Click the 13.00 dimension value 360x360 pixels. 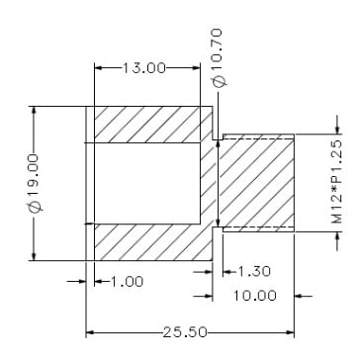coord(143,68)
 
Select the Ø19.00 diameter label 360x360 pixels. coord(34,182)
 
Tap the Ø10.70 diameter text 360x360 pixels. coord(218,58)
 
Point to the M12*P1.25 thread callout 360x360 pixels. coord(336,182)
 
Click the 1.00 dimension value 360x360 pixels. coord(127,282)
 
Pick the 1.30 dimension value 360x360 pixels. coord(254,272)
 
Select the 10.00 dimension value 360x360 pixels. coord(255,296)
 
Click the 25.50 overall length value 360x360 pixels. coord(185,332)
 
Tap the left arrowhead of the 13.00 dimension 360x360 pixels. coord(98,68)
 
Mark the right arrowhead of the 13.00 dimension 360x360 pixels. coord(196,68)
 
